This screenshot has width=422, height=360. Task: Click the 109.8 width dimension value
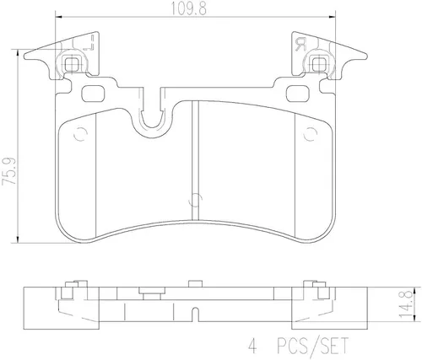189,9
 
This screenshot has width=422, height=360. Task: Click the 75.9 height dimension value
9,171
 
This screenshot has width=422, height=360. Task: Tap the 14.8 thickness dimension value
406,304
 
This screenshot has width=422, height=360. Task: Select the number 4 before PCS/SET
252,346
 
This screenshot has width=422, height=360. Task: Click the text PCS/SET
312,346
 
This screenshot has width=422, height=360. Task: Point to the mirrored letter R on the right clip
300,45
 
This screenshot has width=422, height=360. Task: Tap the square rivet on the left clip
71,64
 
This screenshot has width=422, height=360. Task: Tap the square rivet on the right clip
320,64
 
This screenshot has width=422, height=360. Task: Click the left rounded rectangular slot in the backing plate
93,94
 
